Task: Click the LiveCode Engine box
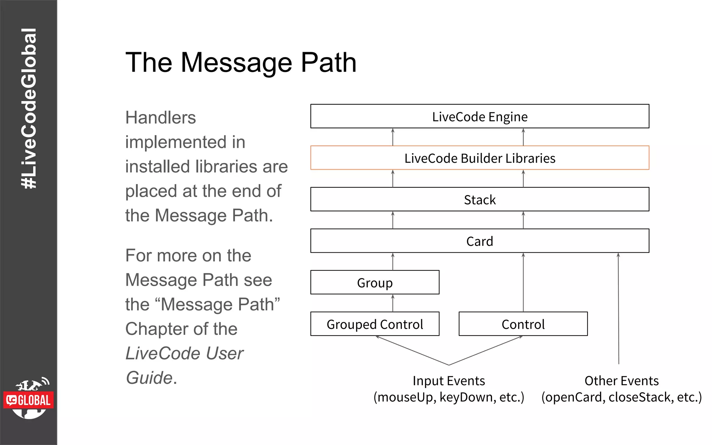click(x=480, y=116)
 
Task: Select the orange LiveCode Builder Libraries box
click(x=480, y=158)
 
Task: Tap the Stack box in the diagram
click(x=480, y=200)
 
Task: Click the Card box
click(x=480, y=241)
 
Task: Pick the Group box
click(x=375, y=283)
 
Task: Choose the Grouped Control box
click(x=375, y=324)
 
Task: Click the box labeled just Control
click(x=523, y=324)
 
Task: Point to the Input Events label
click(x=448, y=381)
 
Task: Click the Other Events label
click(x=622, y=381)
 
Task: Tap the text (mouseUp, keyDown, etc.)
click(x=448, y=397)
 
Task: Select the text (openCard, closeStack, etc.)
click(x=622, y=397)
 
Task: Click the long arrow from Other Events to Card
click(x=618, y=309)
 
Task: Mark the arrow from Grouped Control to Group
click(x=393, y=303)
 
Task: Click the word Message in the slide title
click(x=236, y=63)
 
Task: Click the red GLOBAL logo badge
click(x=29, y=400)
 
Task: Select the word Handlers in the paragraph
click(x=161, y=118)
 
